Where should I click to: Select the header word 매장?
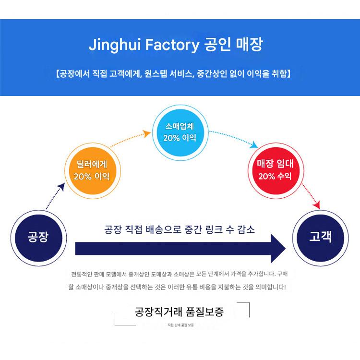click(x=249, y=46)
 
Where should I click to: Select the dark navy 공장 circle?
click(x=38, y=237)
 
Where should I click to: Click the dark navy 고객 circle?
click(x=320, y=237)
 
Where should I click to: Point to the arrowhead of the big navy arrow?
click(x=277, y=249)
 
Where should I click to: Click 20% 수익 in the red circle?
click(x=275, y=176)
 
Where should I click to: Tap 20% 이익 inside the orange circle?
click(x=92, y=176)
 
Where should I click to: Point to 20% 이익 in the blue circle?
click(x=180, y=138)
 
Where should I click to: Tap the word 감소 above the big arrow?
click(x=245, y=229)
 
